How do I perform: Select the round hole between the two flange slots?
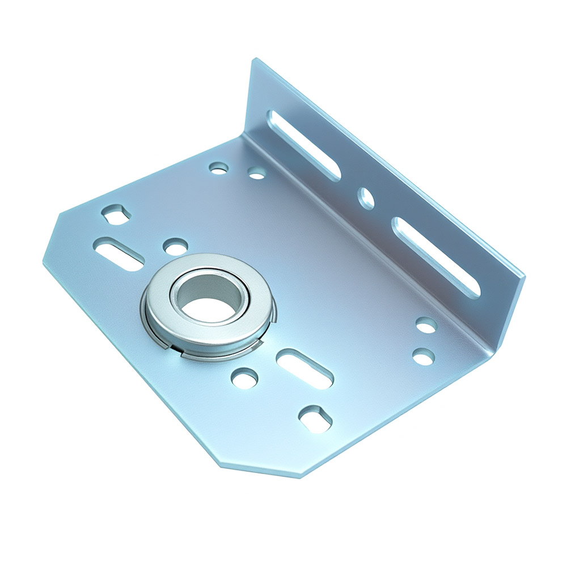point(366,198)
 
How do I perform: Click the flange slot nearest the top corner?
point(304,145)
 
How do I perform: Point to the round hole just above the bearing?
point(175,246)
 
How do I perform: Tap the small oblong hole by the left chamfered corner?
point(116,214)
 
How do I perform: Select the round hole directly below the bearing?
point(244,378)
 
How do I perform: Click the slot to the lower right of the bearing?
point(304,369)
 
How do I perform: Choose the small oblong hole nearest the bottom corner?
point(316,419)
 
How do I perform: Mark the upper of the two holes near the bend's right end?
point(426,325)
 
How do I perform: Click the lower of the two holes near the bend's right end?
point(423,357)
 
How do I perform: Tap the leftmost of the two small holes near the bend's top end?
point(218,168)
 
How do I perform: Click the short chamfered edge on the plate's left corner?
point(51,238)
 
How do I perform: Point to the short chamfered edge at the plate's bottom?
point(261,471)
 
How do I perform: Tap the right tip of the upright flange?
point(523,278)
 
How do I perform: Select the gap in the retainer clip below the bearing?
point(180,355)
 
